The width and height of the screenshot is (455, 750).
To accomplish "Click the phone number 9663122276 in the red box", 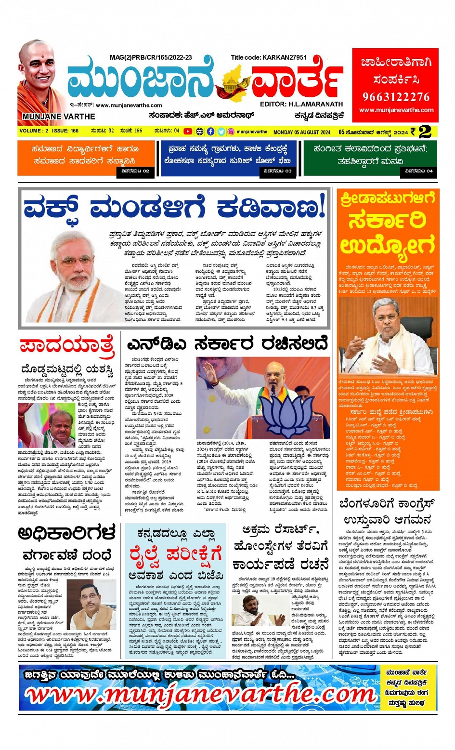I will click(x=396, y=97).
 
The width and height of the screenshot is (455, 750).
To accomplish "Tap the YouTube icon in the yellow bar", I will click(x=188, y=131).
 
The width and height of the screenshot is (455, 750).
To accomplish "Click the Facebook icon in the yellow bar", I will click(x=211, y=131).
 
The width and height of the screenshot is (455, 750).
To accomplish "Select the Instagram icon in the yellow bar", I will click(x=231, y=131).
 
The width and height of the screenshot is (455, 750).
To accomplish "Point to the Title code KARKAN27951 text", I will click(x=269, y=57).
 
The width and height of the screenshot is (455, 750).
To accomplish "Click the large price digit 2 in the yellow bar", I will click(x=425, y=132).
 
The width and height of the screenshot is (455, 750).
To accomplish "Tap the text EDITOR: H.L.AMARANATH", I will click(x=301, y=104).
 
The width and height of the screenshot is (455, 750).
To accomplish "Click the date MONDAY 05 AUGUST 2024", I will click(x=302, y=132).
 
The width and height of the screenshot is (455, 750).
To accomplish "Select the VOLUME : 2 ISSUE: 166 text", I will click(x=49, y=131).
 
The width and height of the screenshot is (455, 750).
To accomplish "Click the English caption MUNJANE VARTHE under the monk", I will click(x=59, y=117).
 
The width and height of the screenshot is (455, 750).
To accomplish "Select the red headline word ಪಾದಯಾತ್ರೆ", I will click(x=67, y=345).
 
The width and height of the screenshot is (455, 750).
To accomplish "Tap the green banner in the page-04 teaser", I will click(x=370, y=155).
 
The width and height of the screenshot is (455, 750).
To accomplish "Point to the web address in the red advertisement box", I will click(x=396, y=110).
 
